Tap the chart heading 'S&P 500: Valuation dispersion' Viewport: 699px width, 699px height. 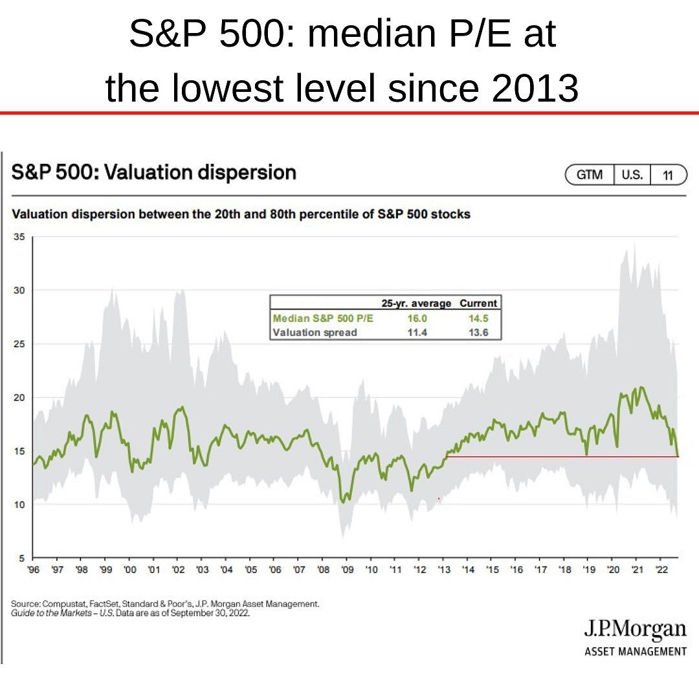point(154,172)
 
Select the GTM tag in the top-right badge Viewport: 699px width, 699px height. point(589,175)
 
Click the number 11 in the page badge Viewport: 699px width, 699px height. point(667,175)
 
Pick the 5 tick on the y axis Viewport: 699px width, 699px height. point(21,558)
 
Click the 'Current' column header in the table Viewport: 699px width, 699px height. point(478,303)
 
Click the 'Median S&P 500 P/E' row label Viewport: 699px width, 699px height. point(323,318)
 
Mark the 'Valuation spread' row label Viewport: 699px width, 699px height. point(315,332)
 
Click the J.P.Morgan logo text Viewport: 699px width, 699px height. point(635,629)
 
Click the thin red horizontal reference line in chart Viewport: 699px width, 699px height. point(563,457)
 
